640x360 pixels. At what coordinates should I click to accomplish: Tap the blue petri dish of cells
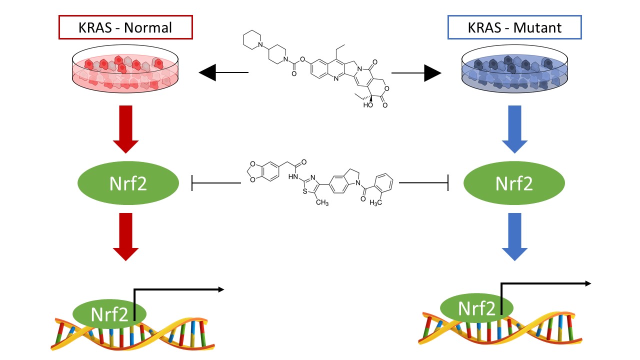click(514, 73)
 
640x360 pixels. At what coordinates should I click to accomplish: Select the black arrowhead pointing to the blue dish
click(432, 73)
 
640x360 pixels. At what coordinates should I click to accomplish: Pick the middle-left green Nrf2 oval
click(128, 183)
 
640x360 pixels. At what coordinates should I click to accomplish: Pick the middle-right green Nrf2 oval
click(514, 183)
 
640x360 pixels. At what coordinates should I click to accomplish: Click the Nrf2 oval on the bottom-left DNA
click(109, 314)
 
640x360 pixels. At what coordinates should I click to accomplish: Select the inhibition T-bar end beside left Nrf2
click(193, 183)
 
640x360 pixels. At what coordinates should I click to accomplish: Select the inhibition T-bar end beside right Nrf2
click(448, 183)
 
